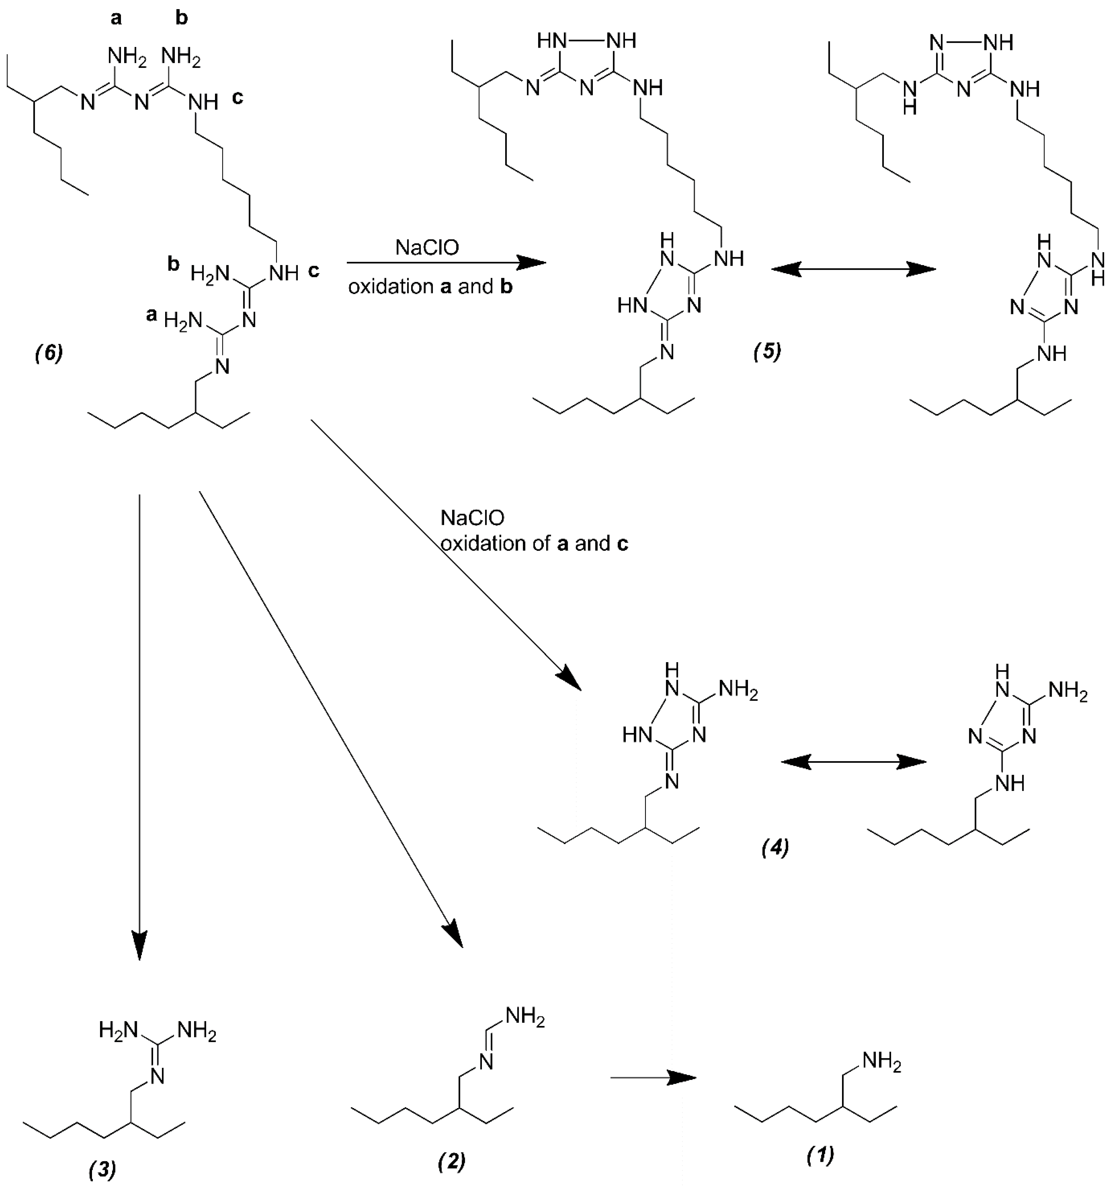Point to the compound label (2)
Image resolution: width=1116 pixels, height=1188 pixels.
(x=452, y=1161)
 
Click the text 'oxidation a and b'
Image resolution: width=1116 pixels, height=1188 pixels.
(x=430, y=287)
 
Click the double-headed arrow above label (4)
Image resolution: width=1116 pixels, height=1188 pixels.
(x=854, y=762)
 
